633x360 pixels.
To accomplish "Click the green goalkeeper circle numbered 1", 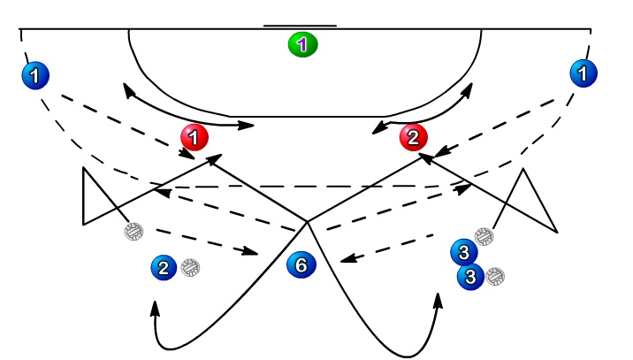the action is (302, 44).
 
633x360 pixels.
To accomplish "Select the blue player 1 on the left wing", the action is (35, 75).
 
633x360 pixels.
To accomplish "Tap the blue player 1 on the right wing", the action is (583, 73).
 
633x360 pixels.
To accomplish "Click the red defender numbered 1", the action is (194, 137).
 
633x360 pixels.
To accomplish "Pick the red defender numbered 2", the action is (414, 137).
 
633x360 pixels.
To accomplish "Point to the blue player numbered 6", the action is (301, 265).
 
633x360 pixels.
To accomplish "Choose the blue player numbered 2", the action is (164, 268).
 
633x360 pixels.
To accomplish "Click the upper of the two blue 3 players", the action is (464, 252).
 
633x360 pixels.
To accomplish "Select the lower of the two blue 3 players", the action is (470, 277).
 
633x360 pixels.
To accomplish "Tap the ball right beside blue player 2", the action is (190, 267).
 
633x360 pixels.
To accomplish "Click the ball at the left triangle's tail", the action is (133, 232).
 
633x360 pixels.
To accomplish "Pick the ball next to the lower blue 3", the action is (495, 276).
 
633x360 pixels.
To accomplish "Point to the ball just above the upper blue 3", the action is (484, 237).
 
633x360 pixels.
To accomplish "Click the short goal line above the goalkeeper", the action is (300, 26).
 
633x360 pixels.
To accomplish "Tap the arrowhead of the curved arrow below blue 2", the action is (155, 309).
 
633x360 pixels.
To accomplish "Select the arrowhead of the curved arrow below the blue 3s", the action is (439, 301).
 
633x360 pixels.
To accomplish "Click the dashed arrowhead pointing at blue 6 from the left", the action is (250, 251).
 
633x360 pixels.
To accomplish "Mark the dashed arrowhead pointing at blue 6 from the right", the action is (349, 258).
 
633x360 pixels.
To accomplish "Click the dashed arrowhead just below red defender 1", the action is (187, 154).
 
